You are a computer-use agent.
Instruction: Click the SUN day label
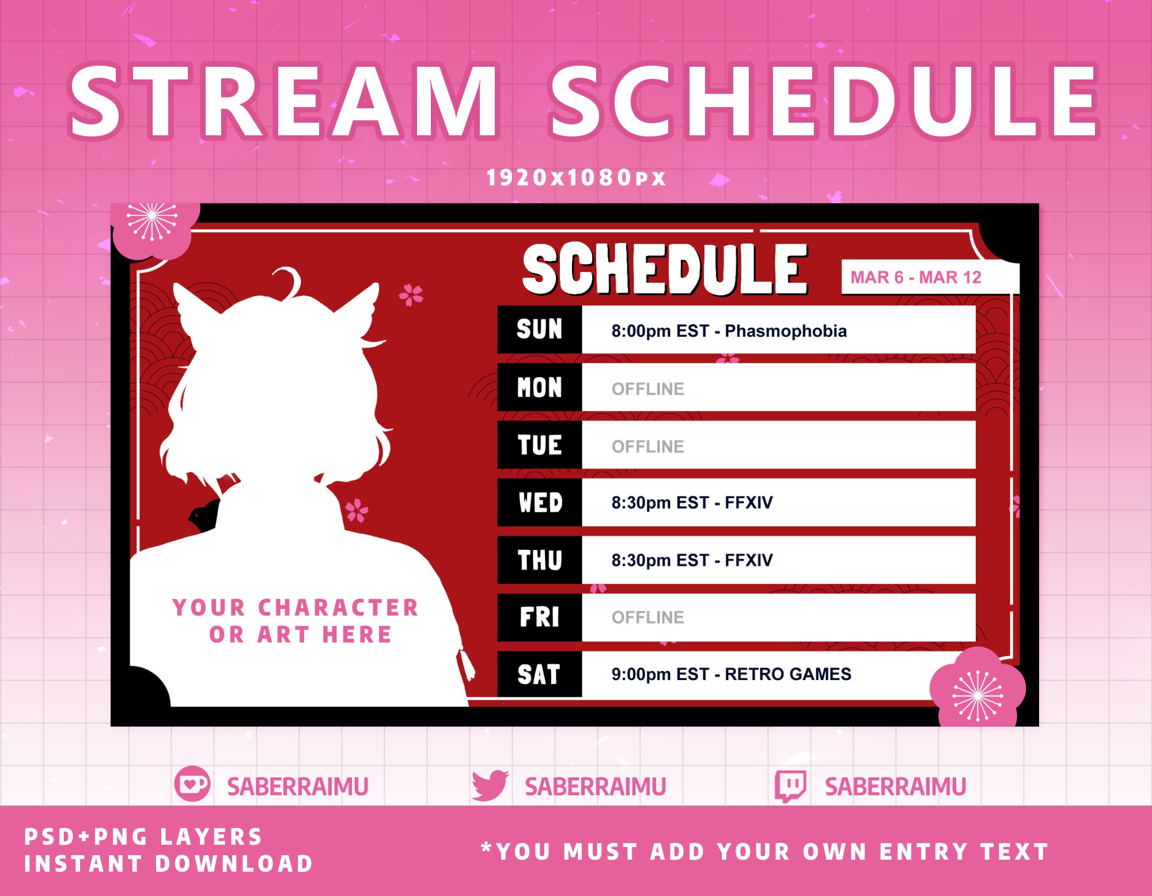(x=539, y=329)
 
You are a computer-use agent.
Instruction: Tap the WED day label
(x=540, y=502)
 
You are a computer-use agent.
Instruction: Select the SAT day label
(x=539, y=674)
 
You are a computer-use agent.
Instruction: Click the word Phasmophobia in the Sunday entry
(x=786, y=331)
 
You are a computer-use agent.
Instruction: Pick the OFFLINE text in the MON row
(x=647, y=389)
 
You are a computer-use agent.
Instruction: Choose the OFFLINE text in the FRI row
(x=647, y=617)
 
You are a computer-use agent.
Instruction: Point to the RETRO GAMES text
(x=787, y=674)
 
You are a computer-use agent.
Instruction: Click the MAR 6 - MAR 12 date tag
(x=916, y=278)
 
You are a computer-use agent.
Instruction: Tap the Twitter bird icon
(x=490, y=785)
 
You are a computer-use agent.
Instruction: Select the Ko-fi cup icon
(x=192, y=784)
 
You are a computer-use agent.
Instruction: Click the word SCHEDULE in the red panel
(x=665, y=268)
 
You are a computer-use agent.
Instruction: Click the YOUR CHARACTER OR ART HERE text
(x=296, y=621)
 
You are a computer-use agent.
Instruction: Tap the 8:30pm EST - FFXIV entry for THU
(x=692, y=560)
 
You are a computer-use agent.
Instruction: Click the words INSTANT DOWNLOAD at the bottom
(x=168, y=863)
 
